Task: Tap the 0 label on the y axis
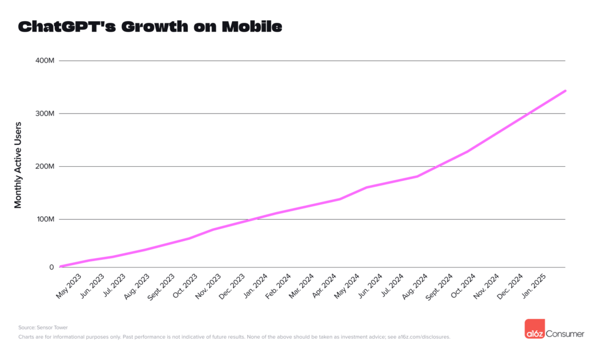click(51, 267)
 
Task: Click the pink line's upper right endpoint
click(565, 91)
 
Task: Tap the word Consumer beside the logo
click(565, 334)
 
